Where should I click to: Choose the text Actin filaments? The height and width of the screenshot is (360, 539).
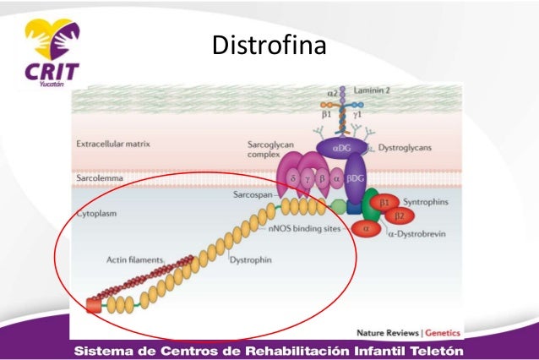point(135,259)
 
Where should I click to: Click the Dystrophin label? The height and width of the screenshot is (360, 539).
point(251,259)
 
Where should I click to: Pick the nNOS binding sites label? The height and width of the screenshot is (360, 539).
point(302,228)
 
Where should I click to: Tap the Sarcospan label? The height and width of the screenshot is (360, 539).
point(253,194)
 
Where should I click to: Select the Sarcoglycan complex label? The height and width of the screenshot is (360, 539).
point(263,151)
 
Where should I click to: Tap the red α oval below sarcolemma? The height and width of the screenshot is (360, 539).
point(366,227)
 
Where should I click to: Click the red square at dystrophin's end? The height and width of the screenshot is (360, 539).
point(92,305)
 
